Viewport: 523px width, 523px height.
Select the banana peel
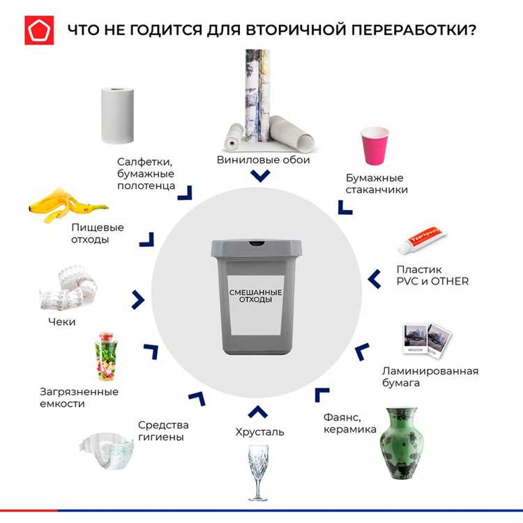coord(66,203)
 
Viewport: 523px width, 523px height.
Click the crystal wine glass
coord(257,471)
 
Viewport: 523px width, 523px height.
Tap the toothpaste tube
coord(420,238)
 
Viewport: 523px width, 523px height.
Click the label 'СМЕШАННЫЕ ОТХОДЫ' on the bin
coord(256,296)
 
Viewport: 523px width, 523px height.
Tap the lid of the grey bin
coord(257,248)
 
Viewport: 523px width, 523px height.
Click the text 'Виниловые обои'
coord(263,160)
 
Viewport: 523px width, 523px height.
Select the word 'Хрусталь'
coord(259,432)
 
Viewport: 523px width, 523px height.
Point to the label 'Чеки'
coord(61,322)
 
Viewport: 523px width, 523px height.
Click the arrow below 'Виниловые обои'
coord(260,176)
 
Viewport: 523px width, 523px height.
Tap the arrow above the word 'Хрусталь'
coord(257,411)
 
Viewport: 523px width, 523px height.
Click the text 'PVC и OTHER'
coord(432,281)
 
